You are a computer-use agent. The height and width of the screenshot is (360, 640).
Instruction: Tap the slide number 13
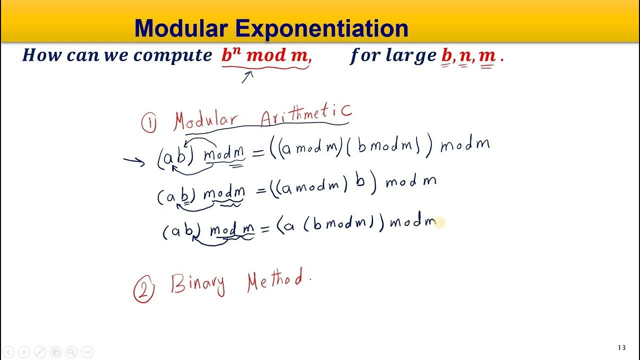click(x=621, y=347)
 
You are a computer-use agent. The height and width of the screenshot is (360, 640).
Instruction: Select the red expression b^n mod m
click(x=266, y=55)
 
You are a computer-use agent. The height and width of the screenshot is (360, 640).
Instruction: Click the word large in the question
click(x=411, y=55)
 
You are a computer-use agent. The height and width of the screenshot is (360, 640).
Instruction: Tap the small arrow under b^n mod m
click(x=247, y=77)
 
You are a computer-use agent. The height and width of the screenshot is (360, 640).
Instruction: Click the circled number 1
click(x=148, y=123)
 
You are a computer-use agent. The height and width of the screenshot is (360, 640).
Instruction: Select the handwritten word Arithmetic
click(x=306, y=117)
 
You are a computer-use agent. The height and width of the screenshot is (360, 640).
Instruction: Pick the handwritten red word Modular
click(x=206, y=121)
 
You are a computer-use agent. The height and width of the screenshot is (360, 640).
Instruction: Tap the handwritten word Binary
click(x=198, y=284)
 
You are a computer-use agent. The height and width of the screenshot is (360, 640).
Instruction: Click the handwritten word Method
click(x=276, y=281)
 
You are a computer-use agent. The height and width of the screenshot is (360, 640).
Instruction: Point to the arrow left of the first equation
click(x=134, y=161)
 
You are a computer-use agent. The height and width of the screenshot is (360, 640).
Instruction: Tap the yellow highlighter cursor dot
click(x=439, y=223)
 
